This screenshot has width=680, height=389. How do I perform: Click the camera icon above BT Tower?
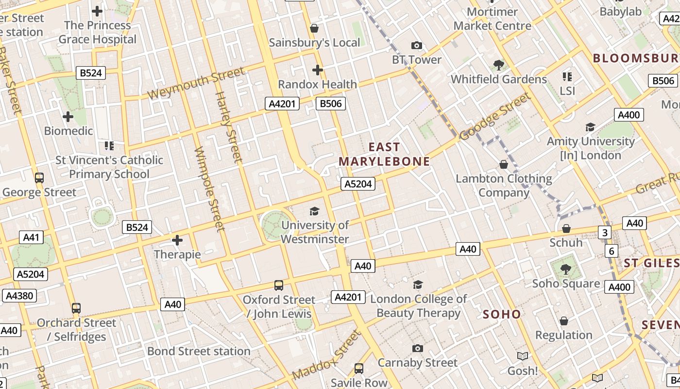[416, 46]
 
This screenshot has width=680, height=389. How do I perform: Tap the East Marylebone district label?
[384, 154]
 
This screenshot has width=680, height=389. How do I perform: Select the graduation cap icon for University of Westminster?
[315, 211]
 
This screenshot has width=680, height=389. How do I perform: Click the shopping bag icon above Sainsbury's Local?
[314, 28]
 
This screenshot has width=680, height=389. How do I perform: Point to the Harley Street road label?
[228, 127]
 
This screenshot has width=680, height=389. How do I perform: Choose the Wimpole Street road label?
[209, 189]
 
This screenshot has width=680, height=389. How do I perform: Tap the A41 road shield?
[31, 237]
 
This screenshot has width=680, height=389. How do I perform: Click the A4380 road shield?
[19, 296]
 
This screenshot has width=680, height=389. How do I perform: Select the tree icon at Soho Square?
[566, 269]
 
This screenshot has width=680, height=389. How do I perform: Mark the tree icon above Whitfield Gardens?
[498, 65]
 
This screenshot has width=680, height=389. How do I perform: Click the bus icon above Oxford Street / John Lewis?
[279, 285]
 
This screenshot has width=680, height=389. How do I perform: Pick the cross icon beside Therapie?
[177, 240]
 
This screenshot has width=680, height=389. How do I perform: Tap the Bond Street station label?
[199, 351]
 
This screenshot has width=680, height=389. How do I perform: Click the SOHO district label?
[502, 314]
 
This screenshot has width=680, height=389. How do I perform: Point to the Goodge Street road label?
[495, 117]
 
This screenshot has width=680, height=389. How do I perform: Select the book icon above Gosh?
[523, 356]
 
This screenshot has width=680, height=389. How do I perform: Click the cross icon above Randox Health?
[318, 70]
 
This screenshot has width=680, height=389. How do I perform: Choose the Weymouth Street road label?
[196, 84]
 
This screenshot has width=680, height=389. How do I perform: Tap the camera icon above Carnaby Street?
[417, 348]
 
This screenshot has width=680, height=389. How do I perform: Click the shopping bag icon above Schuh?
[566, 229]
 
